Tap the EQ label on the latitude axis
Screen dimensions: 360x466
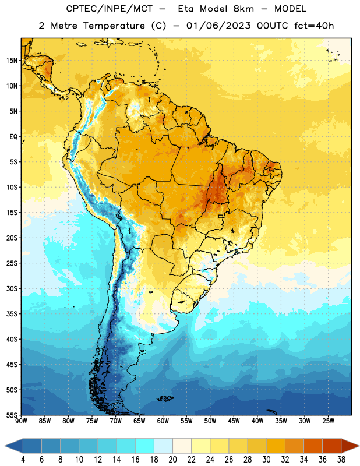click(14, 137)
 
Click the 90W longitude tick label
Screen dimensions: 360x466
click(21, 421)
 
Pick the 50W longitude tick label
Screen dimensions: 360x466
click(210, 421)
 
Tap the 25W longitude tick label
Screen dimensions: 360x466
click(328, 421)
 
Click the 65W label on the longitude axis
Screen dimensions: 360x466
click(139, 421)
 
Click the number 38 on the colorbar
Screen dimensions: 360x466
click(341, 460)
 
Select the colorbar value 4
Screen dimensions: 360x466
click(23, 460)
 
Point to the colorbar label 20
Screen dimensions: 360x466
click(172, 460)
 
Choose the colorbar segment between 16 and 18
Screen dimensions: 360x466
click(145, 446)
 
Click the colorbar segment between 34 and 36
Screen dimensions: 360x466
click(313, 446)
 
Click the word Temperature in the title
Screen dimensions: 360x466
click(114, 26)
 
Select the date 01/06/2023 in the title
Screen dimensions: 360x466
click(218, 26)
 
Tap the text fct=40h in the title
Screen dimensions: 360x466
click(314, 26)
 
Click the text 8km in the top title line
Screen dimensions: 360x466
click(243, 9)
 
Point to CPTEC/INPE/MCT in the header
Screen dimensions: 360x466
click(110, 9)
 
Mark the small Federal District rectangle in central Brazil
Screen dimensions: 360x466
click(221, 216)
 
